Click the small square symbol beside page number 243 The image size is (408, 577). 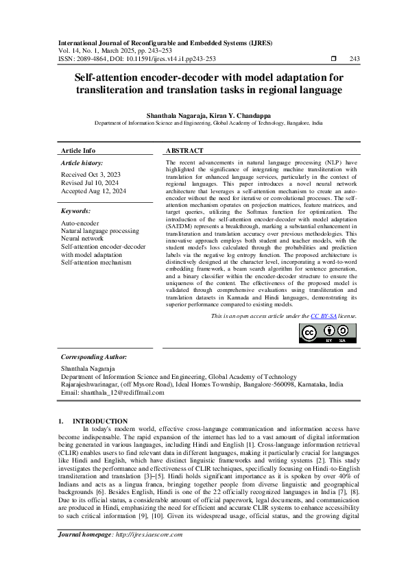(x=333, y=59)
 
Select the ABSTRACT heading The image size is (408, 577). (x=184, y=150)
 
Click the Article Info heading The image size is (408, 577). (x=78, y=150)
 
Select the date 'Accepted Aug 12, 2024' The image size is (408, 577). (x=94, y=191)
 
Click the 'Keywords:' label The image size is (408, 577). (x=76, y=211)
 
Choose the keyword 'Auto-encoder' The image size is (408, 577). (x=80, y=223)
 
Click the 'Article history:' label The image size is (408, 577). (x=82, y=163)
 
